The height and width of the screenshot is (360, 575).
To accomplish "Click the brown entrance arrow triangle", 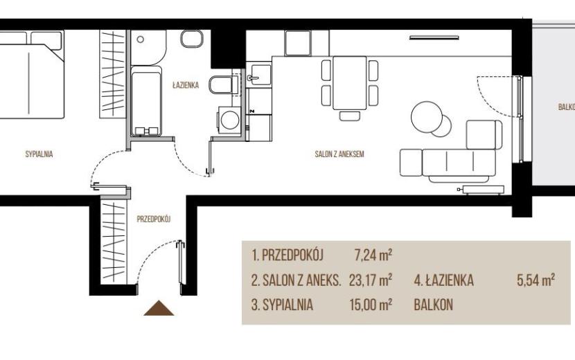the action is coord(159,308).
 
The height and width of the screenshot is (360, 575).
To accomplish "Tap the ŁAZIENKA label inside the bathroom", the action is coord(186,85).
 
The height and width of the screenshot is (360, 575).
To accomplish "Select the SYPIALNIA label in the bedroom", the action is coord(39,154).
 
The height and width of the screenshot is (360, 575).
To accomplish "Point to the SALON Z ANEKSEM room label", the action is coord(339,154).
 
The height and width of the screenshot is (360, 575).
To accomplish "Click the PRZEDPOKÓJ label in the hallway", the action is coord(154,219).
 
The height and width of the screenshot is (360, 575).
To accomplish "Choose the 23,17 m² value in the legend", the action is coord(371,280).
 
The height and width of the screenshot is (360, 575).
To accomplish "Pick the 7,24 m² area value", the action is coord(373,255).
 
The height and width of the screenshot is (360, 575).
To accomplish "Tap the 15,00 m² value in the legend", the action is coord(371,305).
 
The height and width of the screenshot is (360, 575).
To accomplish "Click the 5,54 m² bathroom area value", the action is coord(536,280).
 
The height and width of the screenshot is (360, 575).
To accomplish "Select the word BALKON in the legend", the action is coord(433,305).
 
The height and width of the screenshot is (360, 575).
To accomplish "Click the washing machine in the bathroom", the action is coord(229,120).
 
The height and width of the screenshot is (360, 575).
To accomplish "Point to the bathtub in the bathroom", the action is coord(146,101).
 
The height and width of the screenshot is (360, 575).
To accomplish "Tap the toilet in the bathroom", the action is coord(221,84).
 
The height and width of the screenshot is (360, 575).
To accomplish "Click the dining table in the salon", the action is coord(349,83).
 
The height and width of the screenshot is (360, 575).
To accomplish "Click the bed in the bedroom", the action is coord(32,75).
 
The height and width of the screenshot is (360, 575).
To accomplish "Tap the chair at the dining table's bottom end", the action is coord(349,116).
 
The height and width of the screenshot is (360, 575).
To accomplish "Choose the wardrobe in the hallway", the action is coord(114,241).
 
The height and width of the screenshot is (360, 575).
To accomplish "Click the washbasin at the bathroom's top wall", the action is coord(192,39).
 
